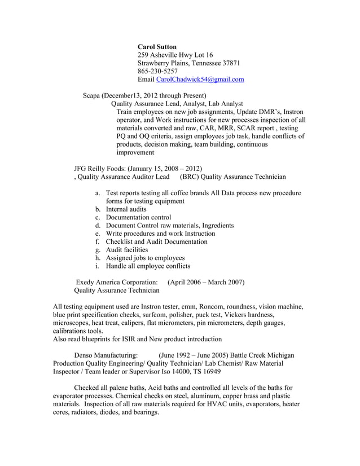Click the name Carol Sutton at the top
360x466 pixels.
point(157,46)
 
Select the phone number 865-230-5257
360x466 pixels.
point(157,71)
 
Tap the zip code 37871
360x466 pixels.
point(231,63)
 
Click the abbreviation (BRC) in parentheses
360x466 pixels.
point(189,177)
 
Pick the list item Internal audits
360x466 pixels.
point(126,209)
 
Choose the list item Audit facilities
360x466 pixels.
point(127,249)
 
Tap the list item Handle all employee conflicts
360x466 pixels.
point(148,266)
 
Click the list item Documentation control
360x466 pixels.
point(138,217)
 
